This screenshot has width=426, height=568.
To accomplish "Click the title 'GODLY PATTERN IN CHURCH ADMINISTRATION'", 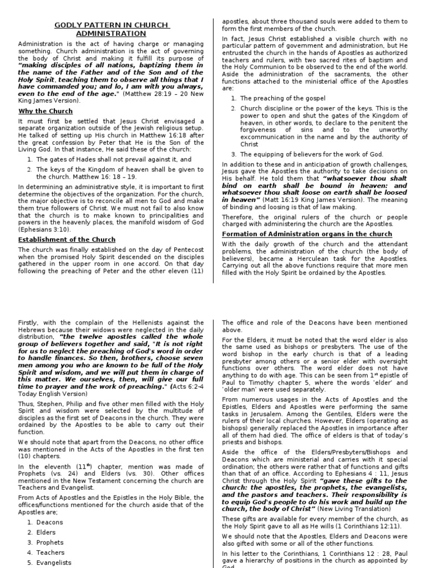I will [111, 29].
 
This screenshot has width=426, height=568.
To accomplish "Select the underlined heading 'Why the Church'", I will [45, 111].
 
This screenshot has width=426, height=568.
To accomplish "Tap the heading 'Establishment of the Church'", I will [67, 239].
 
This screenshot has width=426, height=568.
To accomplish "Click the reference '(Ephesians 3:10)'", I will [43, 229].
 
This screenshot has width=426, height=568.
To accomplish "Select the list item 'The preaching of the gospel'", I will [282, 98].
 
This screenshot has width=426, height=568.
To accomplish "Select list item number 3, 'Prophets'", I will [50, 542].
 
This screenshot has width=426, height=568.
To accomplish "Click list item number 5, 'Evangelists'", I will [54, 562].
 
